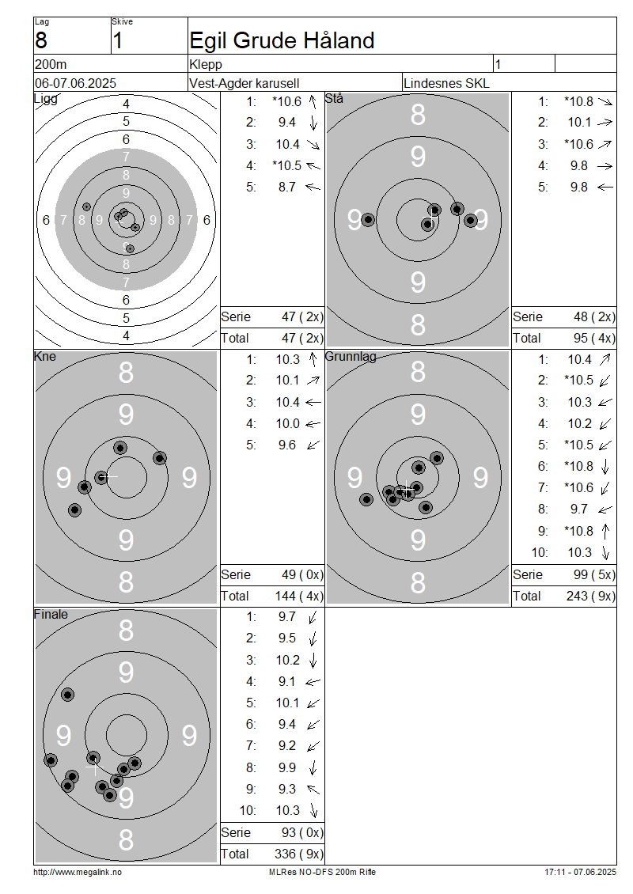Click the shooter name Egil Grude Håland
pyautogui.click(x=282, y=41)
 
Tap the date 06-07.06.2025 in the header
pyautogui.click(x=75, y=83)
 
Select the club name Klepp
pyautogui.click(x=205, y=64)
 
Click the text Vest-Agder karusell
pyautogui.click(x=244, y=83)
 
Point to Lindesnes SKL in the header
pyautogui.click(x=446, y=83)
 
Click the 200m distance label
pyautogui.click(x=51, y=64)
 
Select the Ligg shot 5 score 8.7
pyautogui.click(x=287, y=187)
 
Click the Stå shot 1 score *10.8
pyautogui.click(x=579, y=101)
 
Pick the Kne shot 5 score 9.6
pyautogui.click(x=287, y=445)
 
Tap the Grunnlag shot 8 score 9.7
pyautogui.click(x=579, y=510)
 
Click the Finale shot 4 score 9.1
pyautogui.click(x=287, y=681)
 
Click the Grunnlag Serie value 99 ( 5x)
pyautogui.click(x=594, y=574)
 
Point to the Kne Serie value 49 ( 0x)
pyautogui.click(x=302, y=574)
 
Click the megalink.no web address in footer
pyautogui.click(x=78, y=872)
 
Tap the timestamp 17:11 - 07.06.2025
pyautogui.click(x=580, y=872)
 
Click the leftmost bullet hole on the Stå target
pyautogui.click(x=369, y=219)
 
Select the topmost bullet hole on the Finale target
pyautogui.click(x=68, y=695)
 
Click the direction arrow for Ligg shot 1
pyautogui.click(x=313, y=101)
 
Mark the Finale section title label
pyautogui.click(x=51, y=614)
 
